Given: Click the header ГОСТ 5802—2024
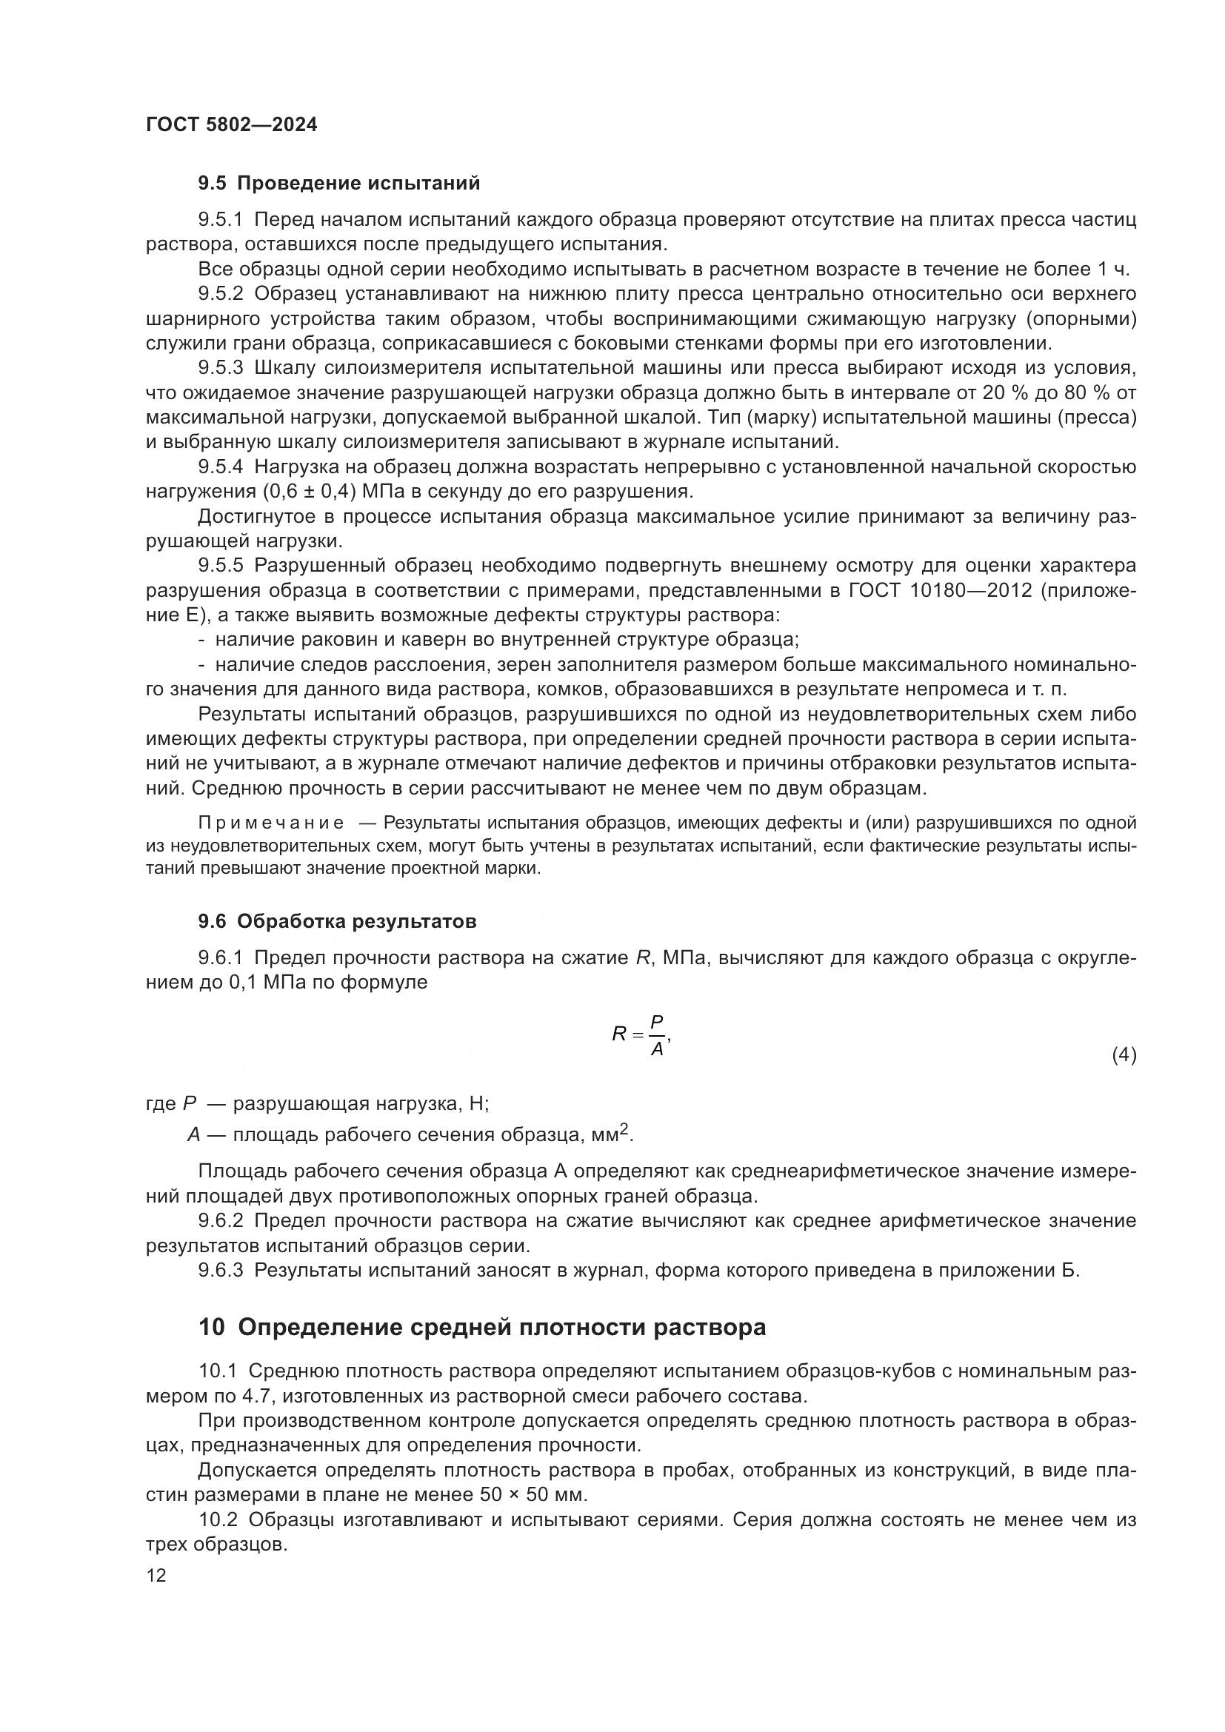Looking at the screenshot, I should pyautogui.click(x=232, y=125).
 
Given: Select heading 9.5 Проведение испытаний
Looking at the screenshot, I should pyautogui.click(x=338, y=184).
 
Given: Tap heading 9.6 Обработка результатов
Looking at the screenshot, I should pyautogui.click(x=337, y=921).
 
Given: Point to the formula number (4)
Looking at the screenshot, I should pyautogui.click(x=1124, y=1055).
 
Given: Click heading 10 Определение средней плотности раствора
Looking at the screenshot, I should pyautogui.click(x=482, y=1327).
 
